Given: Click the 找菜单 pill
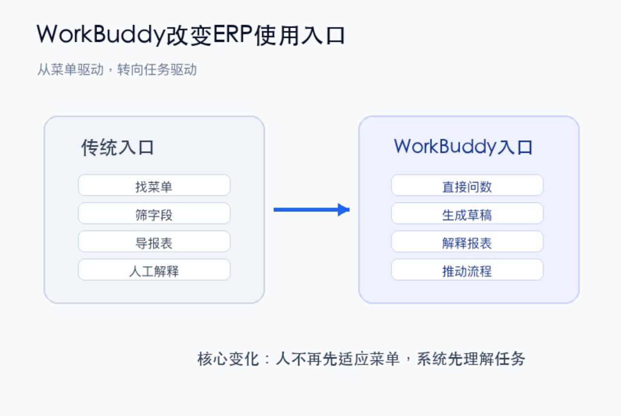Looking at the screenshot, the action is (x=154, y=185).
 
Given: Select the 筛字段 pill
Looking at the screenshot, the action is (x=154, y=213).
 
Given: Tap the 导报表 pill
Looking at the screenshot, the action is (x=154, y=241).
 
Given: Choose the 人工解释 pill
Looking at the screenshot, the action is (x=154, y=270).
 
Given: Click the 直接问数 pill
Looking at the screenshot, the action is (x=467, y=185).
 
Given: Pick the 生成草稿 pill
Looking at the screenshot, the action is (x=467, y=213).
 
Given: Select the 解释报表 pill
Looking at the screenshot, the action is (x=467, y=241).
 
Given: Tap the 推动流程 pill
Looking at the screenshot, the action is (x=467, y=270).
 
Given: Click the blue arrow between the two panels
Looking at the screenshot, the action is (x=311, y=209).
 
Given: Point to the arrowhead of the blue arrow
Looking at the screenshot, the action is (x=349, y=209).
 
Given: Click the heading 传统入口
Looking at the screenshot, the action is (x=117, y=147).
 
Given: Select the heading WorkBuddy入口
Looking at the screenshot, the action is (x=463, y=146).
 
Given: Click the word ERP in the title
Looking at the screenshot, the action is (x=232, y=34).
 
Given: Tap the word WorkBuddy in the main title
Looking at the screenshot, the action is (x=100, y=35).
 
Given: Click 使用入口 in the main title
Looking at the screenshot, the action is (x=299, y=35).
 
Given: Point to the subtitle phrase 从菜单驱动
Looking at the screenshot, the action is (x=70, y=69).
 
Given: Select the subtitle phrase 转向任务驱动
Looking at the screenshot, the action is (x=157, y=69).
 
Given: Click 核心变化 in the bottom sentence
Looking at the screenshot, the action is (x=228, y=359).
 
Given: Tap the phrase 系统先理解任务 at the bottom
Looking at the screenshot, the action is (x=471, y=359).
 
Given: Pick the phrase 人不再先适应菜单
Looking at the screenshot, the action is (x=338, y=359).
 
